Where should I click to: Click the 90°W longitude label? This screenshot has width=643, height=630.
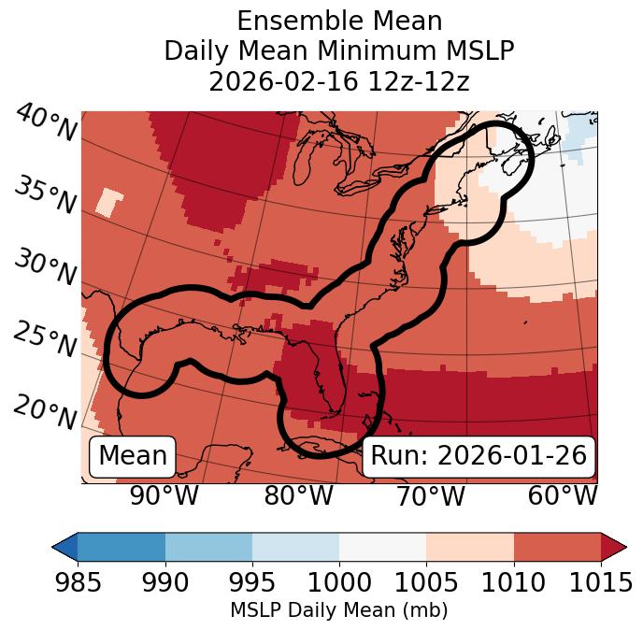164,496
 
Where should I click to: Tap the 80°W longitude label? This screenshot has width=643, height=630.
299,496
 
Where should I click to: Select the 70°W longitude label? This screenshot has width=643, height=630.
430,496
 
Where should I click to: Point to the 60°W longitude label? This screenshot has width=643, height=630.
563,496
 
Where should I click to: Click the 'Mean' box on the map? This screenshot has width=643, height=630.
133,456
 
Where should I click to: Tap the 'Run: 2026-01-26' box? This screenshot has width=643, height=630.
479,456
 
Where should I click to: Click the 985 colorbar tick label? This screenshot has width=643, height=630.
78,582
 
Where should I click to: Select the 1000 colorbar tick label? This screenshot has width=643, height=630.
339,582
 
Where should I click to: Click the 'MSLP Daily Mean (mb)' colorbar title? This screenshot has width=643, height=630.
338,611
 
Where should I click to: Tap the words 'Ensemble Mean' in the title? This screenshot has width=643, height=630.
338,21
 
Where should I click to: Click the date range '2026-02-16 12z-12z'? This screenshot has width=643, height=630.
338,81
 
